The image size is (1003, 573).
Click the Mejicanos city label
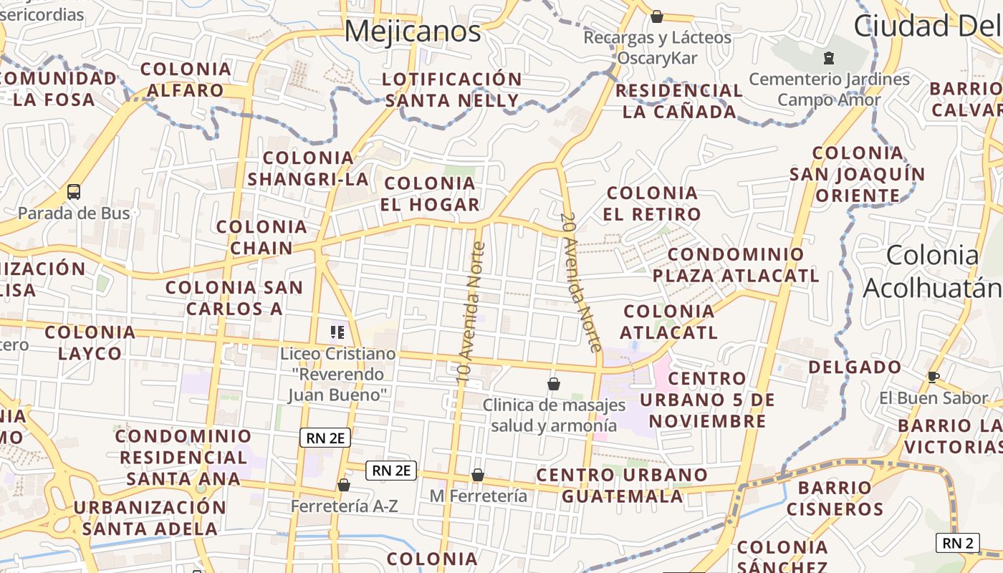tap(413, 32)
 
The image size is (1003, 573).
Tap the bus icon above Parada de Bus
tap(74, 191)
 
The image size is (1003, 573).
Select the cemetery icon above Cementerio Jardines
tap(830, 57)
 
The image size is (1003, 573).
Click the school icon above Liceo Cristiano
tap(337, 332)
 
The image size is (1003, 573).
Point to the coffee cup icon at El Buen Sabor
tap(933, 377)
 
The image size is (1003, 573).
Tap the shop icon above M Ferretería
tap(478, 475)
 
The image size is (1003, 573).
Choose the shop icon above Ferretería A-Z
tap(344, 485)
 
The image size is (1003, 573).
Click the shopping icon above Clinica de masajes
tap(554, 384)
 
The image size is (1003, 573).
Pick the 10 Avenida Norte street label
tap(471, 312)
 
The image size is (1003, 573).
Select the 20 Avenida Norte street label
tap(580, 282)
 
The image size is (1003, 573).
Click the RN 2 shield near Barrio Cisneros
tap(957, 543)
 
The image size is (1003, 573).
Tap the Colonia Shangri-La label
tap(308, 168)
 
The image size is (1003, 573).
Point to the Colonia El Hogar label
tap(430, 194)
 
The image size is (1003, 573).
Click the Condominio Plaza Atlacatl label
tap(736, 265)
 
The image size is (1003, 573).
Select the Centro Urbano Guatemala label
tap(622, 486)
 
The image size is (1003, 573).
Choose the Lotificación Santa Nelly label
tap(452, 90)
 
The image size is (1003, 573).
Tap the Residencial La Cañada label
tap(679, 101)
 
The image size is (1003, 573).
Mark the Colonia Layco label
tap(90, 342)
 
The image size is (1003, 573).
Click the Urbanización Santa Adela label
tap(150, 518)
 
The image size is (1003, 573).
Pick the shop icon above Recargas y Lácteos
tap(657, 16)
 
